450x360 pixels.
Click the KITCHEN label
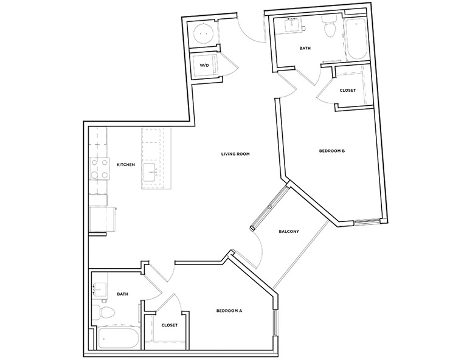(125, 165)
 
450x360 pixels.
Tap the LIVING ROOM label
(235, 154)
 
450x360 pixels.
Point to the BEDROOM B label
(332, 150)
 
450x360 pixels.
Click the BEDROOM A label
(229, 311)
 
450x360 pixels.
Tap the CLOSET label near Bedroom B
(347, 90)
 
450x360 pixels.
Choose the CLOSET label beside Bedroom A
(170, 325)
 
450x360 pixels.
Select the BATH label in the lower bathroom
(123, 294)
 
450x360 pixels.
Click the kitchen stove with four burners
(99, 169)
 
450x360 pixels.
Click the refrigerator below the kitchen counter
(102, 219)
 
